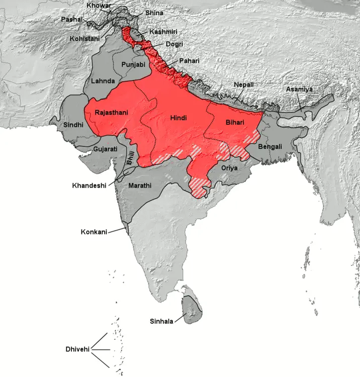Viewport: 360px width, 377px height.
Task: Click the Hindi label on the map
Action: [x=178, y=118]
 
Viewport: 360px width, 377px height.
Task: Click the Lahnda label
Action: [x=103, y=80]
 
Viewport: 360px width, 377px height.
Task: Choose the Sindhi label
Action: [x=73, y=124]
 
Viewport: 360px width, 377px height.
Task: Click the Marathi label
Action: [x=140, y=185]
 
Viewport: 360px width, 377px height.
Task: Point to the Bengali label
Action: [x=270, y=147]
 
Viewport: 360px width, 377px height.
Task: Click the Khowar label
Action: [x=99, y=6]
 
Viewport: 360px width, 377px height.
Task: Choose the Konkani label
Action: [x=94, y=232]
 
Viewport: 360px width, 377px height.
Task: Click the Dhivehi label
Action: [x=78, y=349]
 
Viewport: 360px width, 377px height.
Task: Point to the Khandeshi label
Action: [x=89, y=185]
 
